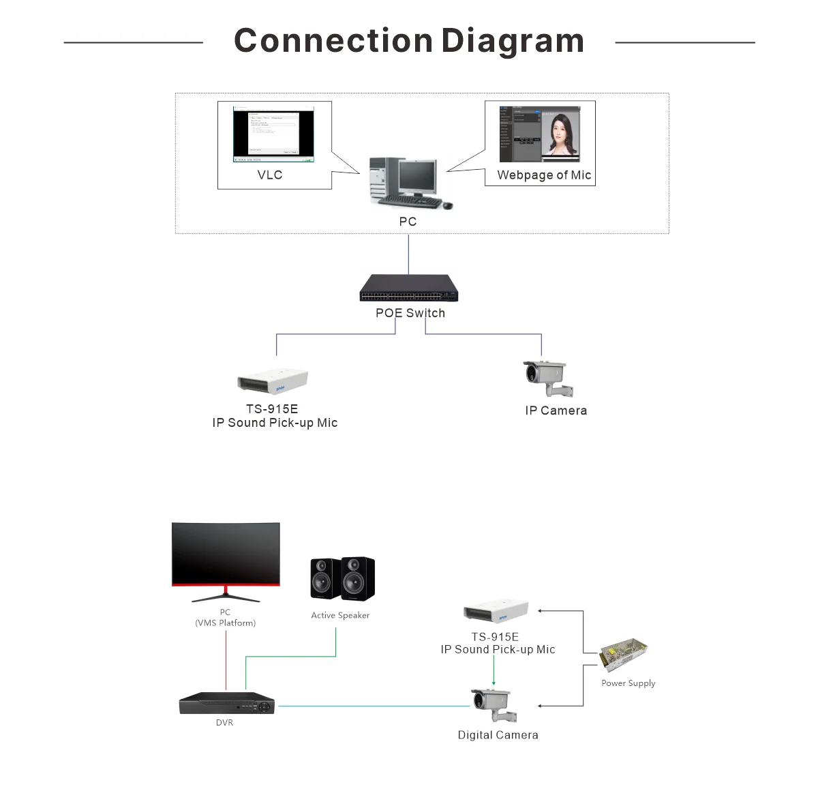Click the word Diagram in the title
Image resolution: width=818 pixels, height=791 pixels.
513,41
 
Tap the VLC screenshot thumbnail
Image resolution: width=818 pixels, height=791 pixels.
273,134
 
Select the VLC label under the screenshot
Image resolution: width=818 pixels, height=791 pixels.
270,175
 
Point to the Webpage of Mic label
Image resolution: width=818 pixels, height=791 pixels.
544,175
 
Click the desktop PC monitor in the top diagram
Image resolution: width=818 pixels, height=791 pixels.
417,176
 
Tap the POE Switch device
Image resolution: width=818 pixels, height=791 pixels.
409,288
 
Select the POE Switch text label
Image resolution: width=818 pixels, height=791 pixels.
410,313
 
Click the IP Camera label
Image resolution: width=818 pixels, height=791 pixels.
556,411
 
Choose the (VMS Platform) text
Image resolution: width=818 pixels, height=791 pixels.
226,623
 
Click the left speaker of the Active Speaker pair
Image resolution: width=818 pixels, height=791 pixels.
324,580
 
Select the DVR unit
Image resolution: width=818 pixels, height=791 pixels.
227,703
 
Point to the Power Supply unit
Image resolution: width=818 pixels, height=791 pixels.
623,655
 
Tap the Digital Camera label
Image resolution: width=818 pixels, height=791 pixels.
498,735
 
